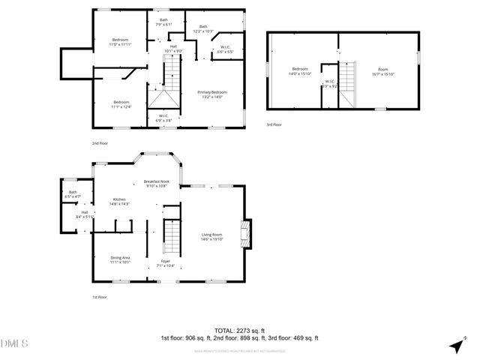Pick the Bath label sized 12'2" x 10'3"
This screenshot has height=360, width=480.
203,28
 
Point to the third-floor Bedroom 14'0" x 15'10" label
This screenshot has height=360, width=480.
301,70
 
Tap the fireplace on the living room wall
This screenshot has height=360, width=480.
244,234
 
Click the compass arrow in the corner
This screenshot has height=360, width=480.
454,345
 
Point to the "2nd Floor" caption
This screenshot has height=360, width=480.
100,142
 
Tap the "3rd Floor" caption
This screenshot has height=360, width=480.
274,124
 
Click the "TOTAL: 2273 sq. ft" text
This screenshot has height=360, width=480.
240,330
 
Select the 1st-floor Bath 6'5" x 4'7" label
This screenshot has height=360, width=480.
73,194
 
